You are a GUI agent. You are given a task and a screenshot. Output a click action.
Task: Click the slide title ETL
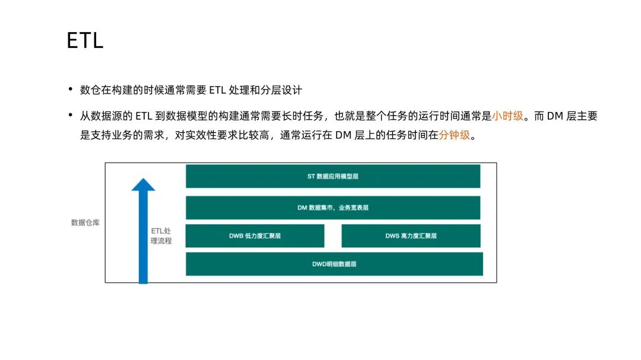coord(85,40)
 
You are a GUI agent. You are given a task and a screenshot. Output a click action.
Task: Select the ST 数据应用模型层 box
coord(332,176)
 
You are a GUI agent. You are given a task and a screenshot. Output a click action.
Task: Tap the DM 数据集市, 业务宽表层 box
coord(332,208)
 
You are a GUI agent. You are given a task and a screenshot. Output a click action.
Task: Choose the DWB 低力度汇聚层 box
coord(255,235)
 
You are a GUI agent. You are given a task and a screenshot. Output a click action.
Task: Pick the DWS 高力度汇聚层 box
coord(411,235)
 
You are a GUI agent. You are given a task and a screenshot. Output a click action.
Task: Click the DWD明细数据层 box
coord(334,264)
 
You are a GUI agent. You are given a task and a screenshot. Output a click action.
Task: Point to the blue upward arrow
coord(143,237)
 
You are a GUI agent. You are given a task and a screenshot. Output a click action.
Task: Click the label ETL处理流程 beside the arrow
coord(161,235)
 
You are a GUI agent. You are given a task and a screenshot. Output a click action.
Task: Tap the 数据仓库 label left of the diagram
coord(85,223)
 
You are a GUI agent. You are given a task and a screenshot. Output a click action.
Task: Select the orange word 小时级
coord(507,116)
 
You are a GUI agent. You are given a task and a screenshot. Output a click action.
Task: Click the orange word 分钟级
coord(454,135)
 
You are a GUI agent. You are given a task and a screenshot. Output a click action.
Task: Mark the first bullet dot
coord(71,90)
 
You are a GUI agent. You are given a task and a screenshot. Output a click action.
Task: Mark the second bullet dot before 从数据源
coord(71,116)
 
